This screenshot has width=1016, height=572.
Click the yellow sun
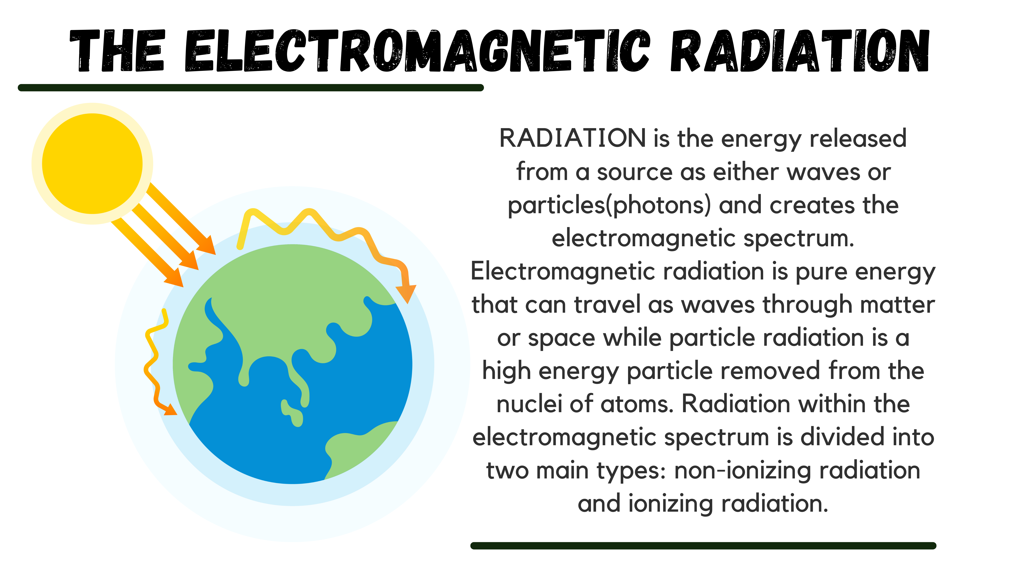(92, 163)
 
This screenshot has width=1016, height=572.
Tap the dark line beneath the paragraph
(703, 546)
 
